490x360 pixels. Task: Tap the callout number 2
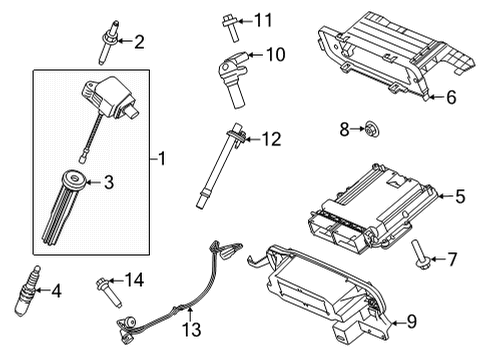coord(139,41)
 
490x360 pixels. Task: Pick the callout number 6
coord(451,97)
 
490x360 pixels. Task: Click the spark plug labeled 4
coord(24,290)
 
